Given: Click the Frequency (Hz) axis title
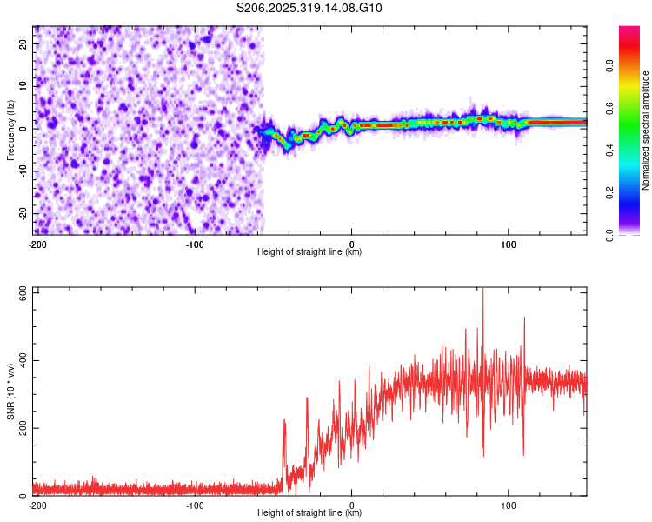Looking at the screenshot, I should [10, 130].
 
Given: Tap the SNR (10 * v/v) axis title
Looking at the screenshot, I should [10, 391].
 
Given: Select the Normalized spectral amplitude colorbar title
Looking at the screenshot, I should [645, 131].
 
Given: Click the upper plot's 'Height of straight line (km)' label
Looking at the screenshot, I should [309, 251].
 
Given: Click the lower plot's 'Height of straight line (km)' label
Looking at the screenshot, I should [309, 512].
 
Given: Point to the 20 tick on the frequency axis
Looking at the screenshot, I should [23, 43].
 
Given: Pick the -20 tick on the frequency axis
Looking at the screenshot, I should [21, 213].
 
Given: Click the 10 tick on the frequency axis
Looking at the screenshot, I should [23, 86].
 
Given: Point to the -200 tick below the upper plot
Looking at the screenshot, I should [37, 244].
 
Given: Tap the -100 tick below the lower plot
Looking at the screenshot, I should [194, 505].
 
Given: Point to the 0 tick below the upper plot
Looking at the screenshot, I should [352, 244].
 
